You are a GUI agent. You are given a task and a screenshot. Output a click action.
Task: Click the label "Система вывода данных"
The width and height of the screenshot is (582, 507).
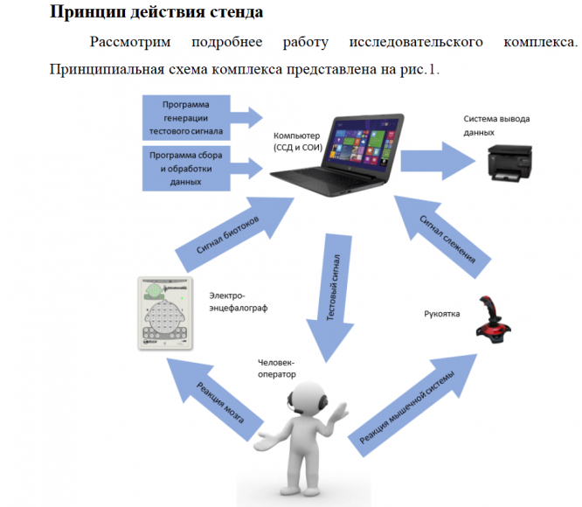click(x=495, y=124)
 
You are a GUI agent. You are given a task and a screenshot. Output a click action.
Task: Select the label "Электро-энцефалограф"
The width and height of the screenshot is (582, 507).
click(x=237, y=302)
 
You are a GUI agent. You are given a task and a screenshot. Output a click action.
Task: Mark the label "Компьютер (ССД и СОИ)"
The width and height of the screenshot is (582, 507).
click(x=297, y=142)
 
